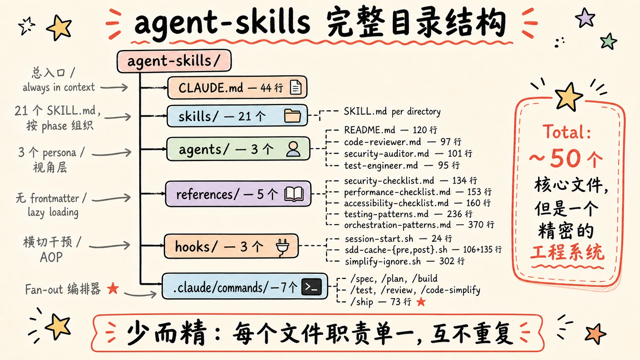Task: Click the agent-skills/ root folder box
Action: pyautogui.click(x=174, y=61)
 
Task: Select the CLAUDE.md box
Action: pyautogui.click(x=237, y=87)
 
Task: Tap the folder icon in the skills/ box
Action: pyautogui.click(x=292, y=116)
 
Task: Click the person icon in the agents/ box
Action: pyautogui.click(x=293, y=149)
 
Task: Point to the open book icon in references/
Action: pyautogui.click(x=294, y=194)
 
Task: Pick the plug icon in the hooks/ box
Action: pyautogui.click(x=282, y=247)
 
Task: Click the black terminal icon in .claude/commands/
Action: pyautogui.click(x=312, y=287)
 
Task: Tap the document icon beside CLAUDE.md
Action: pyautogui.click(x=296, y=87)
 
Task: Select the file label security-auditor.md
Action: pyautogui.click(x=386, y=153)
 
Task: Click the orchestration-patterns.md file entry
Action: pyautogui.click(x=397, y=225)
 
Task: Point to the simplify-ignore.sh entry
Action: pyautogui.click(x=383, y=262)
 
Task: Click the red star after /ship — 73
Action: pyautogui.click(x=421, y=301)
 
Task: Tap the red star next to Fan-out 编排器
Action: pyautogui.click(x=113, y=288)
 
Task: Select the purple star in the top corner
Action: pyautogui.click(x=585, y=18)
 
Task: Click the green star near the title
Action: pyautogui.click(x=608, y=42)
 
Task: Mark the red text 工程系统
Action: pyautogui.click(x=567, y=252)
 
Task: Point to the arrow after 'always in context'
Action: pyautogui.click(x=114, y=87)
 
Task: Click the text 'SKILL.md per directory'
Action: pyautogui.click(x=392, y=112)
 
